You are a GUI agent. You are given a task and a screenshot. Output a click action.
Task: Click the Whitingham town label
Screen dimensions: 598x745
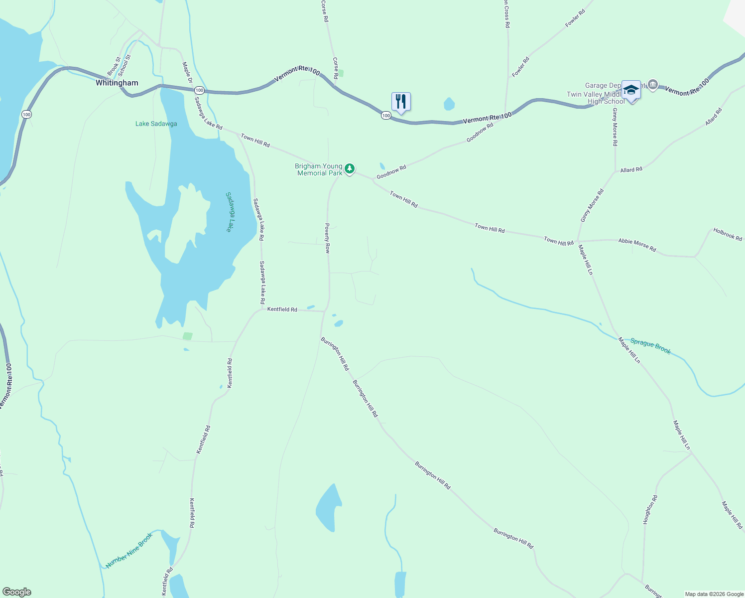(117, 83)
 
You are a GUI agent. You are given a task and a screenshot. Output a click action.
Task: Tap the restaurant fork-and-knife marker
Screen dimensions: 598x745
(401, 102)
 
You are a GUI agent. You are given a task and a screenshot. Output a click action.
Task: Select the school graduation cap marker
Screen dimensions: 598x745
(631, 90)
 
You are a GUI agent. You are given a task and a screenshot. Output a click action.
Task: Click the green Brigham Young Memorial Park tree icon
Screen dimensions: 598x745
(350, 169)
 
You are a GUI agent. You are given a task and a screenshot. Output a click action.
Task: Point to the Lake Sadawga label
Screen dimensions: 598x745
(156, 124)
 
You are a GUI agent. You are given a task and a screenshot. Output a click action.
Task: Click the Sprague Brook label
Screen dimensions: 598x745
(650, 346)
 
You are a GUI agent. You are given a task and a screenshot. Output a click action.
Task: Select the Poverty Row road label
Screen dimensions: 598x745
(327, 238)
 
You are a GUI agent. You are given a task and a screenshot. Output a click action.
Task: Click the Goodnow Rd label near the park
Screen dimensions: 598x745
(391, 172)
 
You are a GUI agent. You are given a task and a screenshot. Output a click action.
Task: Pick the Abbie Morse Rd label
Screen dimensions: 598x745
(637, 244)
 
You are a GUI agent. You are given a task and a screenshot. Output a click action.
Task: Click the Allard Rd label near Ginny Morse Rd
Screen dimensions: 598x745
(631, 170)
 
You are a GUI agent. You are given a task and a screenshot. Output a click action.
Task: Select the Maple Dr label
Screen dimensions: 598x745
(187, 72)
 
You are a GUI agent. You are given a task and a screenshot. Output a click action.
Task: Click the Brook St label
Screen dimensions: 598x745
(114, 66)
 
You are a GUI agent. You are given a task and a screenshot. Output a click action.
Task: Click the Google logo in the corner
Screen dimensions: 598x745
(17, 592)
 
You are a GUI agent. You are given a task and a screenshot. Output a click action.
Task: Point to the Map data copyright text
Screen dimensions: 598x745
(714, 594)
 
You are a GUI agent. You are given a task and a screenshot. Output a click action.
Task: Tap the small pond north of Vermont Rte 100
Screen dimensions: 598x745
(449, 104)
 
